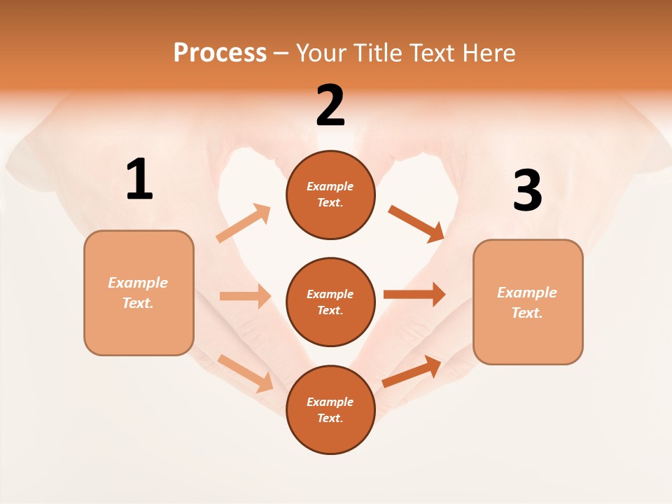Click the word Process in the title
tap(220, 52)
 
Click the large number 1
tap(139, 180)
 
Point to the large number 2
tap(330, 106)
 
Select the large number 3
tap(527, 190)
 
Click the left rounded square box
tap(139, 293)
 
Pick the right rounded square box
tap(528, 302)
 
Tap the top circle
tap(330, 195)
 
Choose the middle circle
tap(330, 302)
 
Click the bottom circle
tap(330, 409)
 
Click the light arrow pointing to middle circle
tap(245, 296)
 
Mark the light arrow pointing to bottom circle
tap(246, 373)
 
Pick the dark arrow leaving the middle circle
tap(414, 295)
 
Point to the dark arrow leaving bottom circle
tap(412, 372)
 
